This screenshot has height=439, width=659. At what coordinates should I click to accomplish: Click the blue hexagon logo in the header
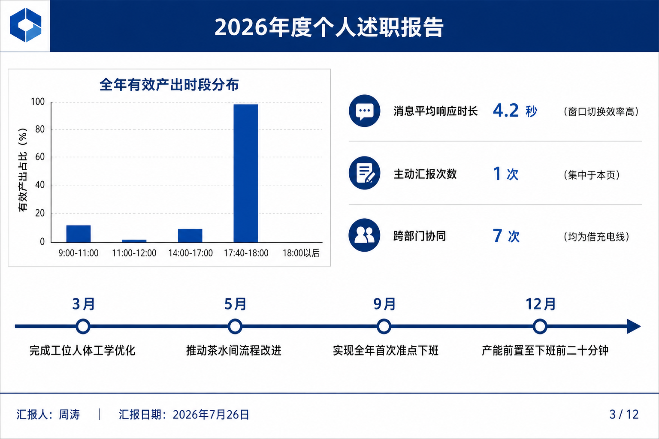click(26, 25)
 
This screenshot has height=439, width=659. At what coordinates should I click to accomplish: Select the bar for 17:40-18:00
click(246, 173)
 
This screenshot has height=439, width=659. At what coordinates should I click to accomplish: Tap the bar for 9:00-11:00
click(79, 234)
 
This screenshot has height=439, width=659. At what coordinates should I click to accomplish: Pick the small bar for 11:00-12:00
click(134, 241)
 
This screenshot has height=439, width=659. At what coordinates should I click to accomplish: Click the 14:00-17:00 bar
click(190, 235)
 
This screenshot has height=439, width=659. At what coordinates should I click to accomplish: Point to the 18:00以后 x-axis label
click(301, 253)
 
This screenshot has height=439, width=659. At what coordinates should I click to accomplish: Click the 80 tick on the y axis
click(40, 129)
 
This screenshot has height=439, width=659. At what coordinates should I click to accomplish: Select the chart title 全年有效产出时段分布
click(169, 85)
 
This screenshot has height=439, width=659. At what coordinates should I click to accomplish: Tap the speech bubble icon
click(365, 111)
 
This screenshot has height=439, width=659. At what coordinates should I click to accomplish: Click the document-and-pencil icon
click(365, 173)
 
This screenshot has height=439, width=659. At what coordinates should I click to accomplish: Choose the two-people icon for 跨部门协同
click(365, 235)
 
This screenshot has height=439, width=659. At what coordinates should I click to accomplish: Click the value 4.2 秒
click(515, 111)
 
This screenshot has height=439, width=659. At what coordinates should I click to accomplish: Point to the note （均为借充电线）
click(596, 237)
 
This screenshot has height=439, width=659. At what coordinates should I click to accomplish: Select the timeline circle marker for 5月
click(235, 326)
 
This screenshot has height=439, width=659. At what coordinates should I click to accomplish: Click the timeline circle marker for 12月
click(540, 326)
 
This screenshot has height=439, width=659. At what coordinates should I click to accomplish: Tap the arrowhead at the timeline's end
click(634, 326)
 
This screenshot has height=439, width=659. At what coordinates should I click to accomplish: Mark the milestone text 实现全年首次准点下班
click(386, 351)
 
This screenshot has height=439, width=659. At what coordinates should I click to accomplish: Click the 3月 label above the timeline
click(84, 304)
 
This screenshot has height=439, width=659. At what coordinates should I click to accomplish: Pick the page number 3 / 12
click(624, 415)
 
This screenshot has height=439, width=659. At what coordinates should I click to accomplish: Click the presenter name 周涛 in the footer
click(70, 415)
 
